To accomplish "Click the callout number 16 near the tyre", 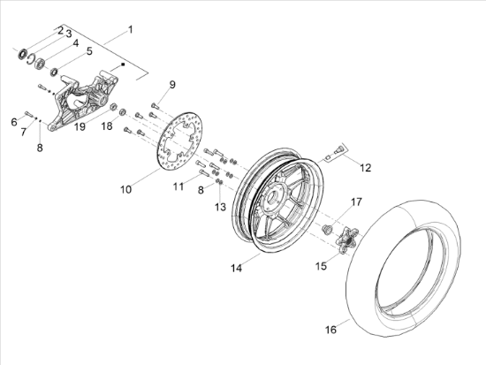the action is pyautogui.click(x=330, y=330).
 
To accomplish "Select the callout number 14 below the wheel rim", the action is pyautogui.click(x=236, y=268).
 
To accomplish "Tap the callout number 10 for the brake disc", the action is pyautogui.click(x=125, y=189).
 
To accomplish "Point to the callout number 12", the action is pyautogui.click(x=366, y=167).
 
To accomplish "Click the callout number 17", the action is pyautogui.click(x=356, y=202).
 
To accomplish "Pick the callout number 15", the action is pyautogui.click(x=321, y=266).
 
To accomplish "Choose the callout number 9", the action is pyautogui.click(x=172, y=84).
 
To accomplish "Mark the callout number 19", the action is pyautogui.click(x=80, y=126).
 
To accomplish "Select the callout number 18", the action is pyautogui.click(x=107, y=125).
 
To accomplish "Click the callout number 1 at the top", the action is pyautogui.click(x=131, y=30).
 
